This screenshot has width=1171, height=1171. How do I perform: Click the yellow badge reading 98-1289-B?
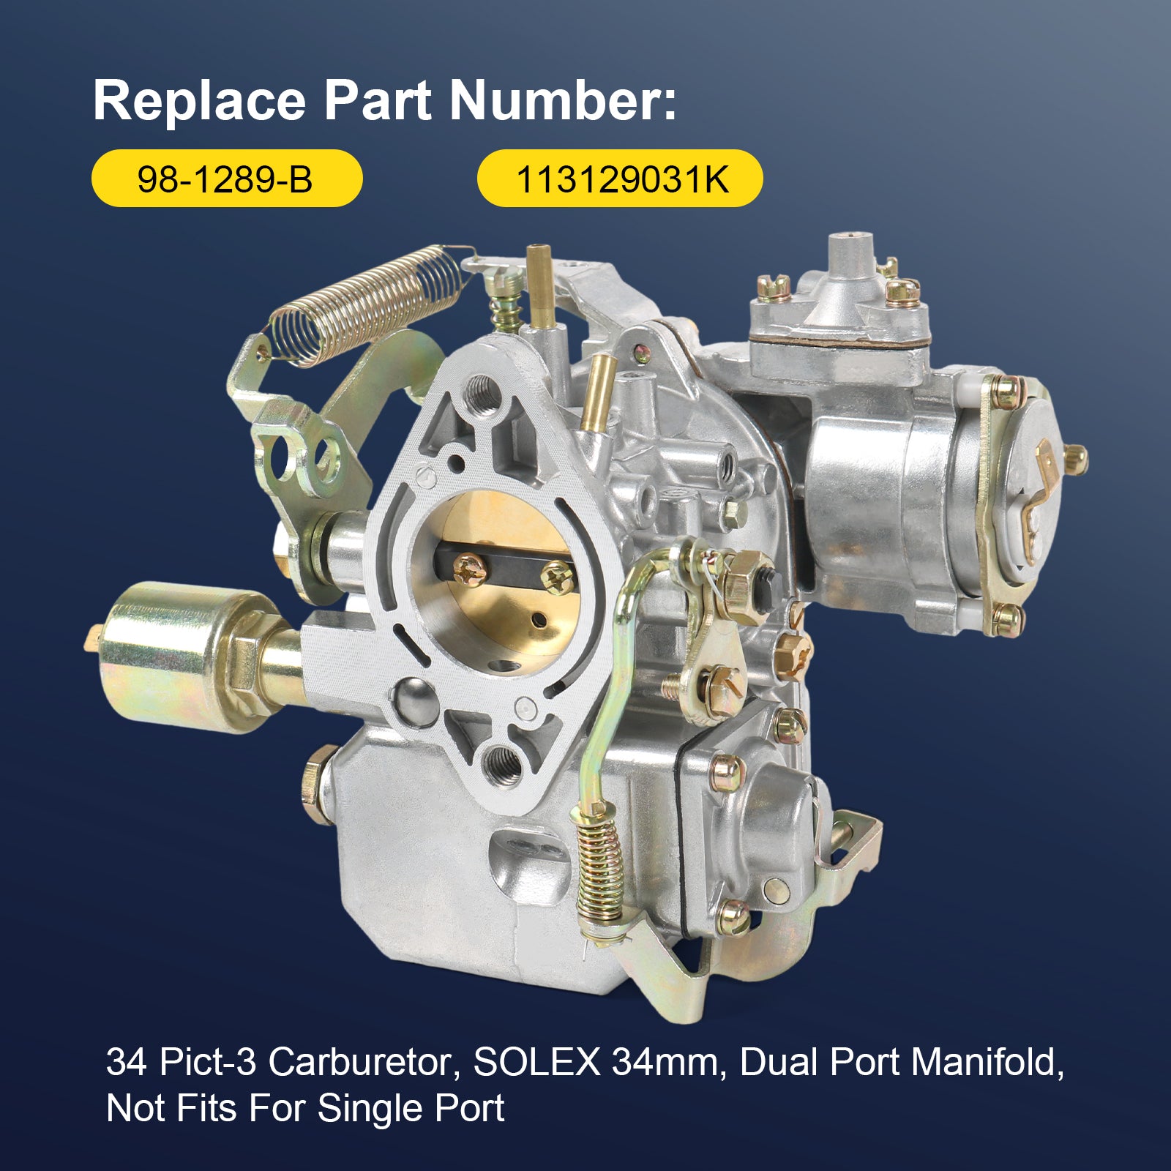[x=227, y=179]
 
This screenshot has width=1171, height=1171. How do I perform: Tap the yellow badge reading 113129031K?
[x=620, y=179]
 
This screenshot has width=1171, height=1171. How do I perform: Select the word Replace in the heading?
[x=200, y=100]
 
